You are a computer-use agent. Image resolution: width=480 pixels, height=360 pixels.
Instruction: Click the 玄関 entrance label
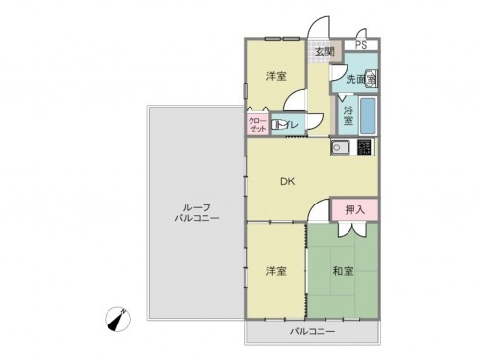pyautogui.click(x=323, y=52)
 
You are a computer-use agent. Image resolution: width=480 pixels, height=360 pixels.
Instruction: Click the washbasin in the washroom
pyautogui.click(x=371, y=80)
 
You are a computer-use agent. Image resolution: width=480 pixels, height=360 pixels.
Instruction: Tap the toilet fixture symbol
pyautogui.click(x=277, y=124)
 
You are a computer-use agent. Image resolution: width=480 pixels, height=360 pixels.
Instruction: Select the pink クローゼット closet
pyautogui.click(x=257, y=125)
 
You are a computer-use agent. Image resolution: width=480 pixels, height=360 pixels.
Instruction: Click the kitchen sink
pyautogui.click(x=340, y=147)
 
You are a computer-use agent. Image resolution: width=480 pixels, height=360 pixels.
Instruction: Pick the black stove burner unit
pyautogui.click(x=365, y=147)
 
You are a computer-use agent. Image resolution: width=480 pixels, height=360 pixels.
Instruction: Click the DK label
pyautogui.click(x=287, y=180)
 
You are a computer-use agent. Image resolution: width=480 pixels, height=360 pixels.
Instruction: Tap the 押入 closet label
pyautogui.click(x=354, y=208)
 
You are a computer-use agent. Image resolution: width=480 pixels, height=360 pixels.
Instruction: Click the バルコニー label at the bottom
pyautogui.click(x=313, y=332)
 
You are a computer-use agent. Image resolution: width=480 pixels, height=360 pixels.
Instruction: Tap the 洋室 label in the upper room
pyautogui.click(x=276, y=77)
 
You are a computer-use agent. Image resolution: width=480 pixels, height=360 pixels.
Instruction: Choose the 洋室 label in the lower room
pyautogui.click(x=276, y=272)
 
